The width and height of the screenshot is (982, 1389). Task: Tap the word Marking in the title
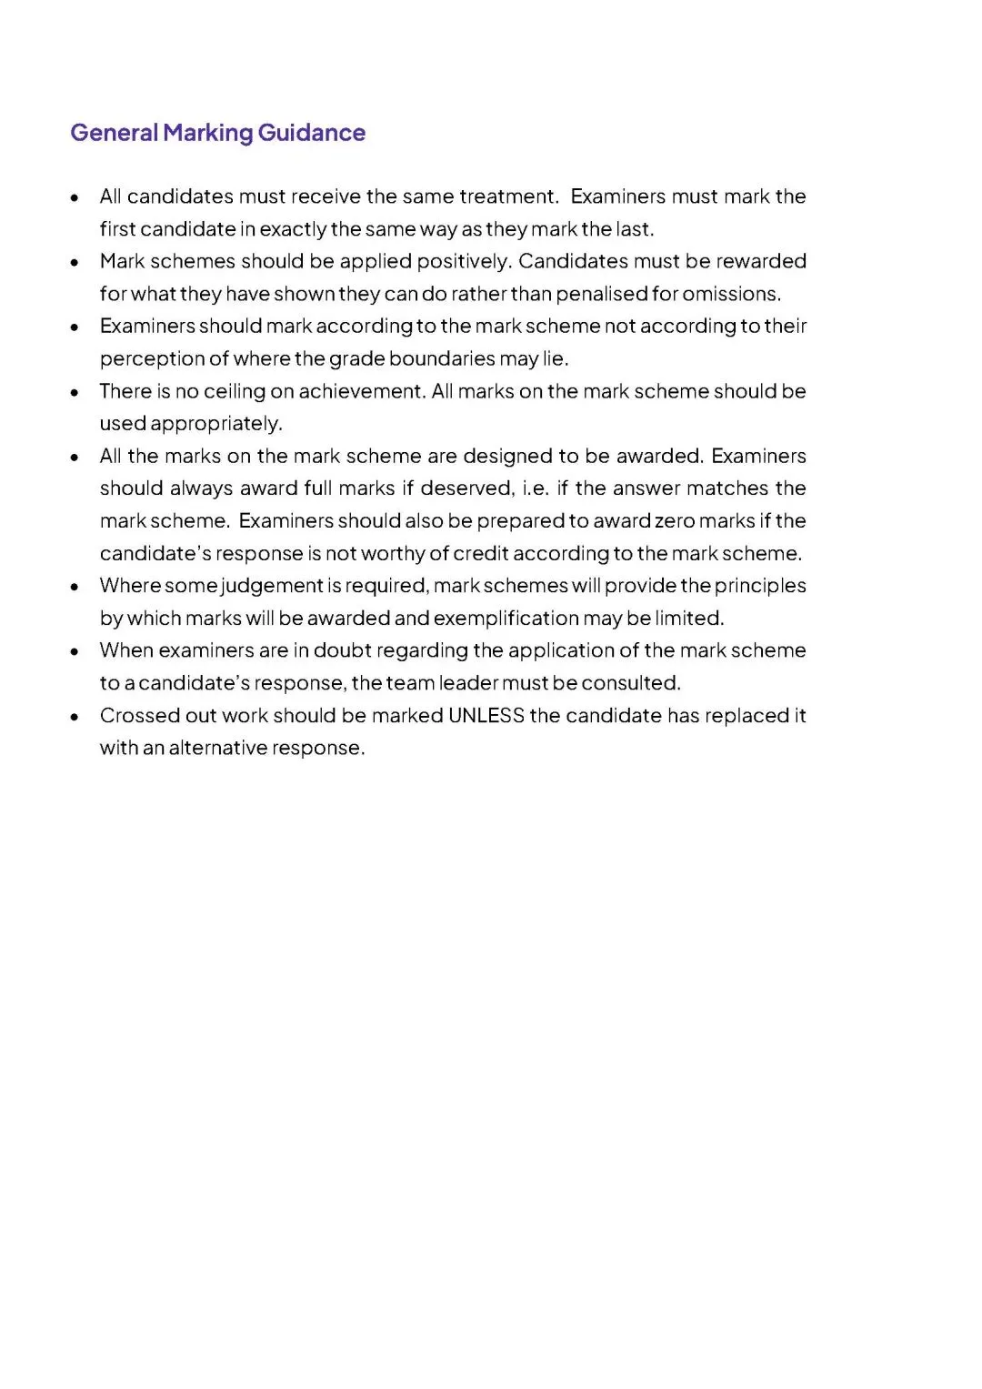click(208, 133)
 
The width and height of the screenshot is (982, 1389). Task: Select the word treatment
click(508, 196)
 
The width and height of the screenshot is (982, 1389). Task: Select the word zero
click(675, 520)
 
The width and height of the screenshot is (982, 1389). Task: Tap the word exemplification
click(506, 619)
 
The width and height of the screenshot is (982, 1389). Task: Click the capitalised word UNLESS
click(486, 716)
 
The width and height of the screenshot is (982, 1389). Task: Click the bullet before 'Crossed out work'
click(75, 717)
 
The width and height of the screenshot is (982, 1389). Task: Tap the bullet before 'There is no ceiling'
click(75, 393)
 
